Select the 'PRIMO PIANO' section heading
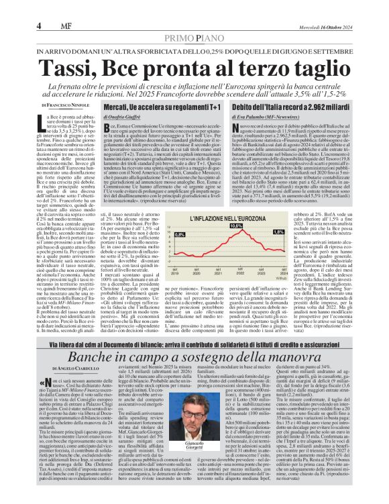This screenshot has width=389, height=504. [x=194, y=40]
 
